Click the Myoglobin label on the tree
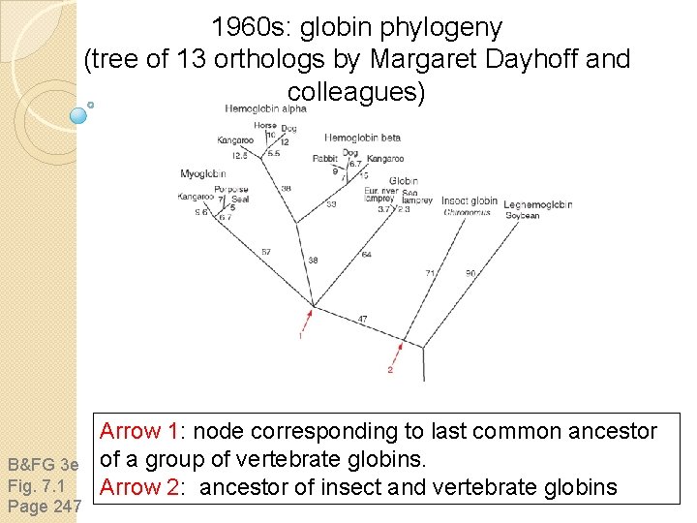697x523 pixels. pos(202,174)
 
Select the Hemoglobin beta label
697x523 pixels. pos(362,138)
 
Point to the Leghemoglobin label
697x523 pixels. pos(537,204)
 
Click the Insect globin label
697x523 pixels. pos(470,201)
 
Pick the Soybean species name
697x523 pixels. pos(523,215)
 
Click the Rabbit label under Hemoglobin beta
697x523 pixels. pos(324,159)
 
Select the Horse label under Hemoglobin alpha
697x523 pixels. pos(264,126)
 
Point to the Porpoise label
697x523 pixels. pos(231,189)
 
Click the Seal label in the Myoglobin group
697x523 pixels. pos(240,199)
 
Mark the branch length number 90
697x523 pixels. pos(470,273)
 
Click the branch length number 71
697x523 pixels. pos(430,274)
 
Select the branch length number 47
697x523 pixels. pos(362,319)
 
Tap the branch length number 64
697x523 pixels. pos(366,255)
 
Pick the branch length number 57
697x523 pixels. pos(266,252)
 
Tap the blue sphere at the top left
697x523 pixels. pos(79,115)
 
